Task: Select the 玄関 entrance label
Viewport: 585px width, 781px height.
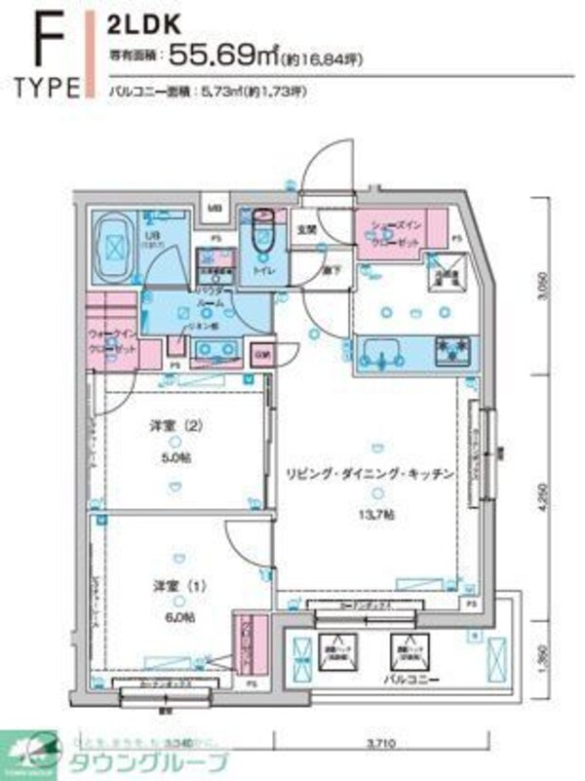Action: [x=306, y=231]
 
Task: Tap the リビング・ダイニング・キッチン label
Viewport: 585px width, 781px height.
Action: [x=370, y=474]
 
